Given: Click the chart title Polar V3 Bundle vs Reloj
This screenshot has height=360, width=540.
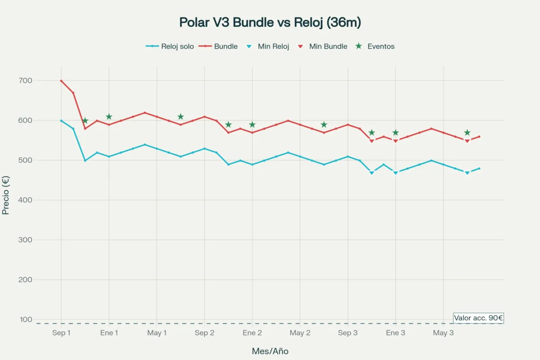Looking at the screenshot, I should click(x=270, y=22).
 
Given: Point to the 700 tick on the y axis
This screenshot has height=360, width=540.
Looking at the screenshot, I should click(x=38, y=81).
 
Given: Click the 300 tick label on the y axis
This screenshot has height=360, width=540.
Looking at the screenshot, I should click(x=38, y=240).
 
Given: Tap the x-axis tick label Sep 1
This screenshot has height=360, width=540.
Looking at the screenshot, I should click(x=61, y=333).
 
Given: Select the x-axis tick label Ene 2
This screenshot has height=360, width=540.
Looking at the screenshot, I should click(x=252, y=333).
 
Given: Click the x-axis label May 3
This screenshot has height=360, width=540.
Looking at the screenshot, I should click(x=443, y=333).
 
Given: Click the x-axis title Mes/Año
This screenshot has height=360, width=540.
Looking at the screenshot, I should click(x=270, y=351).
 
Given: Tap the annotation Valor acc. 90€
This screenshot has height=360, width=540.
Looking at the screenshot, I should click(x=478, y=318).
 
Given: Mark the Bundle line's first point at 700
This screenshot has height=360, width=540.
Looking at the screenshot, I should click(x=61, y=81).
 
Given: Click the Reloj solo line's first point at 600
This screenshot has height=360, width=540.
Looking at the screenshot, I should click(x=61, y=121).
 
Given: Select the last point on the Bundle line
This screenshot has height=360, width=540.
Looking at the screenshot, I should click(x=479, y=136).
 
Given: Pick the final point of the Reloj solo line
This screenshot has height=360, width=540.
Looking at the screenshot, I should click(x=479, y=168).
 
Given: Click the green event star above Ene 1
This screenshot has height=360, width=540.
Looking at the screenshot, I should click(x=109, y=117).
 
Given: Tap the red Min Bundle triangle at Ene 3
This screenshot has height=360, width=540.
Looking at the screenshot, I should click(x=396, y=141).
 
